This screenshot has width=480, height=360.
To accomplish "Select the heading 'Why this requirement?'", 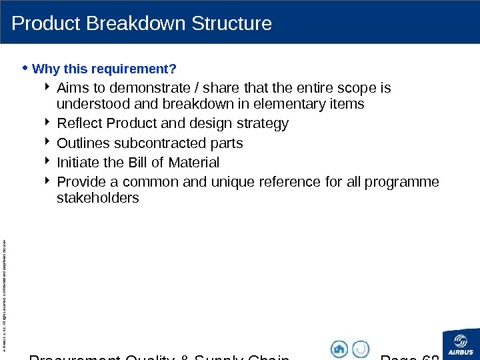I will point(104,69).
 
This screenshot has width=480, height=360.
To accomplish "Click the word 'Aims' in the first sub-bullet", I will point(72,88).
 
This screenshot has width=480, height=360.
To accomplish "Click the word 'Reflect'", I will point(79,123).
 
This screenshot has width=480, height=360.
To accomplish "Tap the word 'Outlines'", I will point(83,143).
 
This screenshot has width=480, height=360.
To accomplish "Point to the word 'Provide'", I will point(80,182).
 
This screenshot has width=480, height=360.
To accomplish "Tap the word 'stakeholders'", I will point(98,198).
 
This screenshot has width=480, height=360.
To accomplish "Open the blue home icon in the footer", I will point(339,349).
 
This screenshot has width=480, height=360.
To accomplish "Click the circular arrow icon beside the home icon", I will point(361,349).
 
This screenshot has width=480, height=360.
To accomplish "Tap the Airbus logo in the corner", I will point(461,344).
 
